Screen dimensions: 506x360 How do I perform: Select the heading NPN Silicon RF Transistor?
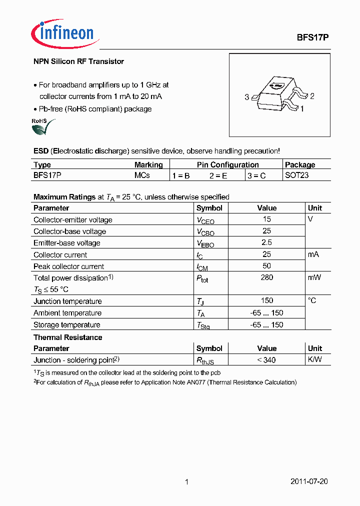pyautogui.click(x=78, y=61)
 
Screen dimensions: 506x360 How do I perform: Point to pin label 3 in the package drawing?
pyautogui.click(x=246, y=97)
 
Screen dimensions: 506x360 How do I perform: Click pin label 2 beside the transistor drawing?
pyautogui.click(x=312, y=96)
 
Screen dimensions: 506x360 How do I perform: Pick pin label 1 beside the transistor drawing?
pyautogui.click(x=302, y=108)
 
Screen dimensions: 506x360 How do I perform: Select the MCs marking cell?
pyautogui.click(x=142, y=175)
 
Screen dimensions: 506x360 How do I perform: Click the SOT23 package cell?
pyautogui.click(x=296, y=175)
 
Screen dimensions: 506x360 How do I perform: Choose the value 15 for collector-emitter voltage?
pyautogui.click(x=266, y=219)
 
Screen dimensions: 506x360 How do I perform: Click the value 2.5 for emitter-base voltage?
pyautogui.click(x=266, y=242)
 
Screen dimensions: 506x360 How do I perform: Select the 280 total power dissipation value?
pyautogui.click(x=266, y=277)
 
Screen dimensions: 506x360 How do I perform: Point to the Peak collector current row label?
pyautogui.click(x=68, y=266)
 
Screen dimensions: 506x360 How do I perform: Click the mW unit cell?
pyautogui.click(x=314, y=277)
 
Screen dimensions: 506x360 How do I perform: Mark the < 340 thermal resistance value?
pyautogui.click(x=266, y=360)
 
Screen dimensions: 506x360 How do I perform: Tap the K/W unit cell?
pyautogui.click(x=314, y=360)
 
